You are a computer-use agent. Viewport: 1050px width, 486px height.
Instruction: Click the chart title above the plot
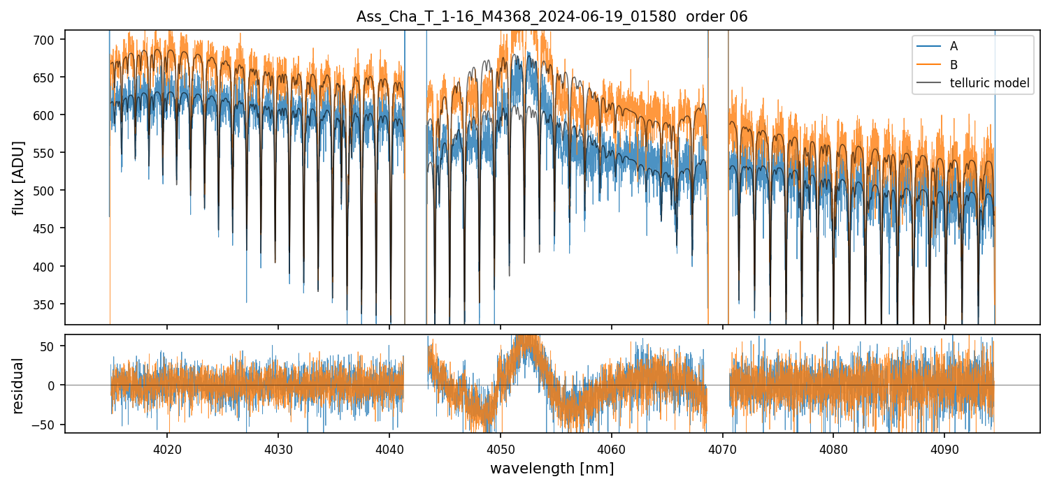click(x=552, y=17)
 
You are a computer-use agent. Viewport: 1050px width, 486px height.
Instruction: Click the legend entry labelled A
click(x=954, y=46)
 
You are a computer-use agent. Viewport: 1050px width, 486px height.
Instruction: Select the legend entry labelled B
click(x=954, y=65)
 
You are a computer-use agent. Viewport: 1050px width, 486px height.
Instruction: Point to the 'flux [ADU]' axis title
click(x=19, y=177)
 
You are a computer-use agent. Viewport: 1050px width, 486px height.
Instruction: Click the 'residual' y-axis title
click(x=19, y=385)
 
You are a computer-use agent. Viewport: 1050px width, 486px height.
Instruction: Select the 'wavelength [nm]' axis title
click(x=552, y=469)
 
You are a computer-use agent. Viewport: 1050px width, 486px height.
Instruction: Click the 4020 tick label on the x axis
click(x=167, y=450)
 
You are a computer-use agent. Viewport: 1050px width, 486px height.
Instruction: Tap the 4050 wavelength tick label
click(x=501, y=450)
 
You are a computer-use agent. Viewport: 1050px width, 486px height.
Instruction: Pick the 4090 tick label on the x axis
click(x=944, y=450)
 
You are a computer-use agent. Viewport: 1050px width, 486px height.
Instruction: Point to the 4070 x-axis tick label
click(x=722, y=450)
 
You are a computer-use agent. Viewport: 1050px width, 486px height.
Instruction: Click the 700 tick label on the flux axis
click(x=45, y=39)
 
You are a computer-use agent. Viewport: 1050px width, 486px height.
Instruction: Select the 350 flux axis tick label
click(x=45, y=304)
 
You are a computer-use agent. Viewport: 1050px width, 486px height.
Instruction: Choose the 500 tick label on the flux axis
click(x=45, y=191)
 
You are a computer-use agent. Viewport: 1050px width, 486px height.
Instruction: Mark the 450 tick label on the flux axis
click(x=45, y=228)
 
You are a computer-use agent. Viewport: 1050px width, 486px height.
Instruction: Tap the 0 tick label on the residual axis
click(x=53, y=385)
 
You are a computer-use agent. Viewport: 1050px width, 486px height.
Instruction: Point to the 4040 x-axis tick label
click(x=389, y=450)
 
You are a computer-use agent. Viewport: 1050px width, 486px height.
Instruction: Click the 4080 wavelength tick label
click(x=833, y=450)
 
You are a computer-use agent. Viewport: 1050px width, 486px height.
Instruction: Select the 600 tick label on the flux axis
click(x=45, y=115)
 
